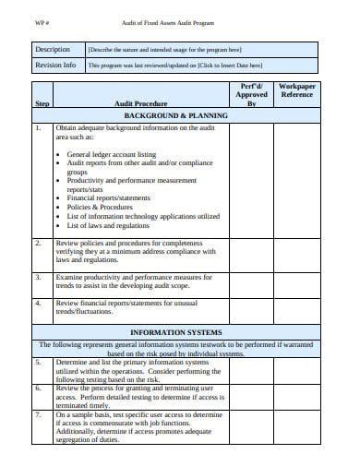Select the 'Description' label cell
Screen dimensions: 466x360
click(53, 49)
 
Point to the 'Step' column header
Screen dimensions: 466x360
click(42, 104)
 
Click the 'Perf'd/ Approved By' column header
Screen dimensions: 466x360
click(252, 93)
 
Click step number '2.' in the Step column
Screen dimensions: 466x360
click(39, 243)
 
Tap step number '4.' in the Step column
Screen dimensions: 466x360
click(39, 303)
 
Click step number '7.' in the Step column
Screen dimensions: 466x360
click(39, 415)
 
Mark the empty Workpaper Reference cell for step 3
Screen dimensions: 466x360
click(296, 283)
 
